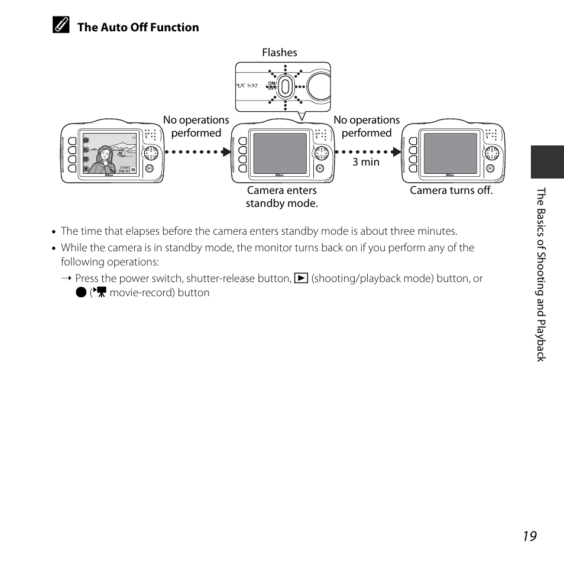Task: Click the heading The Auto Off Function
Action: click(x=138, y=27)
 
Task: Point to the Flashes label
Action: click(x=280, y=53)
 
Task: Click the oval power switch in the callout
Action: click(x=285, y=86)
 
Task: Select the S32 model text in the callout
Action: click(x=252, y=86)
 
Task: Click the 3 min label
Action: click(x=366, y=162)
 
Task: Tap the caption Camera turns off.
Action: click(x=451, y=190)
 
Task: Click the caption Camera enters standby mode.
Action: click(x=282, y=197)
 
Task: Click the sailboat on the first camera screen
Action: click(x=122, y=153)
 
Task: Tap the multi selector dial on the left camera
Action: click(x=151, y=154)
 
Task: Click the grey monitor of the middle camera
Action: click(x=280, y=153)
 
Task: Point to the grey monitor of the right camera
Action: click(x=450, y=153)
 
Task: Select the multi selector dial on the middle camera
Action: click(x=322, y=154)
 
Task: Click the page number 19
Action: click(x=530, y=536)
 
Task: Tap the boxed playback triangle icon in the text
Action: click(x=302, y=278)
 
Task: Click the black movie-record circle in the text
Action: click(x=81, y=293)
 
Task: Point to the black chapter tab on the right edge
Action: click(x=547, y=162)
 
